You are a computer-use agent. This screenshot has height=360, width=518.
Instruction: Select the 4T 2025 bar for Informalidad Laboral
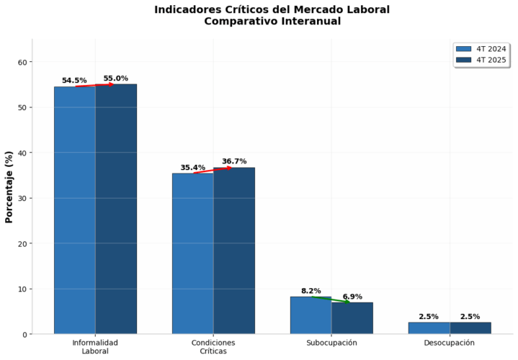click(115, 209)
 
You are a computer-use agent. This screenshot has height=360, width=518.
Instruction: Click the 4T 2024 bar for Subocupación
click(311, 315)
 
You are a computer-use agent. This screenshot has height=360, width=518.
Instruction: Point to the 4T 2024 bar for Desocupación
click(429, 328)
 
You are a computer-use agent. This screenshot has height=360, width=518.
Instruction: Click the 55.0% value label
click(115, 78)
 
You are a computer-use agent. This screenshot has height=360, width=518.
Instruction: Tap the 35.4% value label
click(192, 168)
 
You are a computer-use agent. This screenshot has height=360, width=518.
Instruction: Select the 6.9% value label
click(352, 297)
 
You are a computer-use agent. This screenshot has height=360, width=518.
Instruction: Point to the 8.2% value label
click(311, 291)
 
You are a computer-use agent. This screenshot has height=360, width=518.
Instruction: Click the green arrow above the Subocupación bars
click(331, 299)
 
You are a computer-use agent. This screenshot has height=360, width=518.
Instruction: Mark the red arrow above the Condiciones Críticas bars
click(213, 171)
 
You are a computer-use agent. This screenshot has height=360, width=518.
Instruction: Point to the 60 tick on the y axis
click(22, 63)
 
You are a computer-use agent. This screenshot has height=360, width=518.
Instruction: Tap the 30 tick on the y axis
click(22, 199)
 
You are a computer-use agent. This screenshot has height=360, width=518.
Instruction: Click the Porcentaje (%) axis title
click(9, 186)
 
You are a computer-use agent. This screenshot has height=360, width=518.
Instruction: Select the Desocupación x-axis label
click(449, 343)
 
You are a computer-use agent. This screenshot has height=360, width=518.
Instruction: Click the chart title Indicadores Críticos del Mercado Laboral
click(272, 9)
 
